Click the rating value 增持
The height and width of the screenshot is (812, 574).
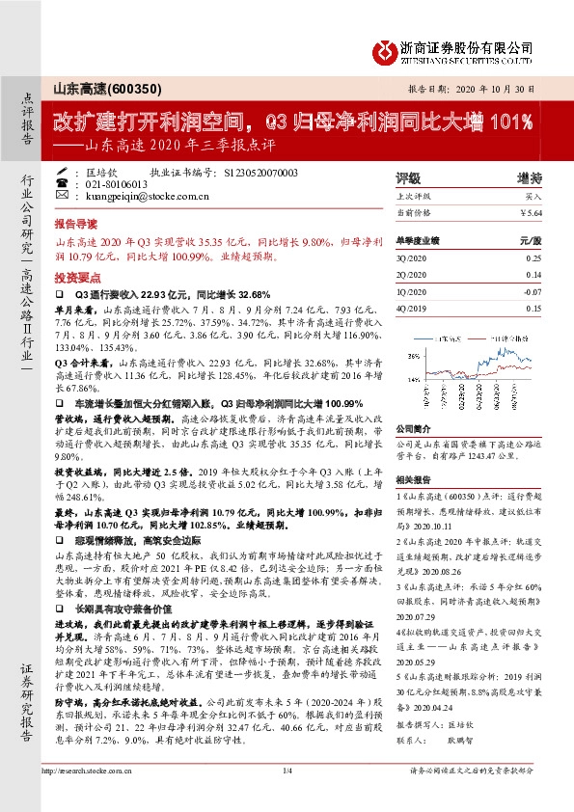pyautogui.click(x=529, y=178)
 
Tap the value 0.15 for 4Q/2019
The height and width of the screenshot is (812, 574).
pyautogui.click(x=533, y=307)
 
